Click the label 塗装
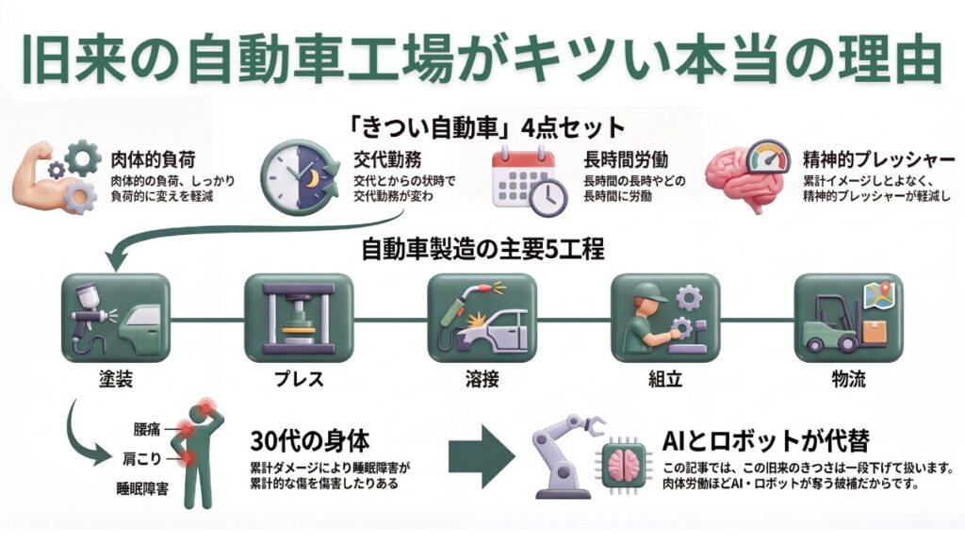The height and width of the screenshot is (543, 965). (x=114, y=382)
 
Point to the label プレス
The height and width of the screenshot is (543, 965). (x=298, y=382)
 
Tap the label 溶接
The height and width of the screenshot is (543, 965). (x=482, y=382)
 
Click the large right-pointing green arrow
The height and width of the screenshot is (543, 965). (x=483, y=455)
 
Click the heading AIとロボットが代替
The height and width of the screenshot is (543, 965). (x=764, y=440)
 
